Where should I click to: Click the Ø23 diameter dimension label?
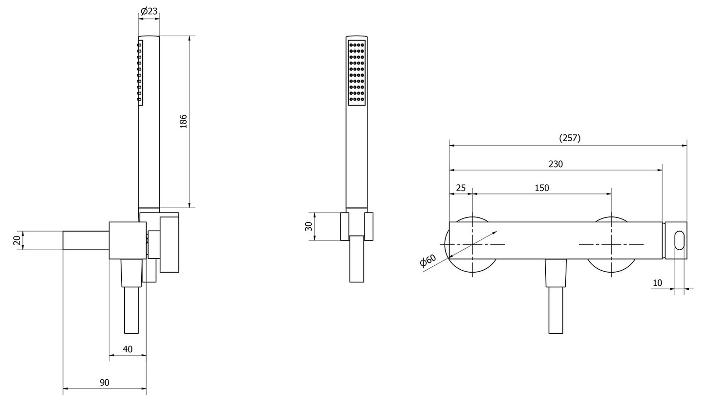tap(149, 11)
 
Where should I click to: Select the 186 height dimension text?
tap(184, 121)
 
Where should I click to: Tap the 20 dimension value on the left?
tap(17, 240)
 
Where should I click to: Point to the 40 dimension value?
tap(128, 349)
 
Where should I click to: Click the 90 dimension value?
tap(105, 383)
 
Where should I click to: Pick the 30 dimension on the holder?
tap(308, 226)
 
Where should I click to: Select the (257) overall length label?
tap(570, 138)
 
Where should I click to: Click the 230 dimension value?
tap(556, 164)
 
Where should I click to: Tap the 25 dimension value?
tap(461, 188)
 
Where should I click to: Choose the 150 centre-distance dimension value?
tap(542, 188)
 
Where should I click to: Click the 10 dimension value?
tap(657, 283)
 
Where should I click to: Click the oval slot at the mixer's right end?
tap(680, 241)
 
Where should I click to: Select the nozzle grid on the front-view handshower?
tap(357, 72)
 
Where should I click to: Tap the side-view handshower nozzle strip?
tap(140, 72)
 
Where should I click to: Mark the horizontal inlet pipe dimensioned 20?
tap(86, 240)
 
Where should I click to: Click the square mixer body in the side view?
tap(127, 240)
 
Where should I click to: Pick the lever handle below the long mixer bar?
tap(556, 298)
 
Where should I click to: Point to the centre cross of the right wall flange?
tap(611, 244)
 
